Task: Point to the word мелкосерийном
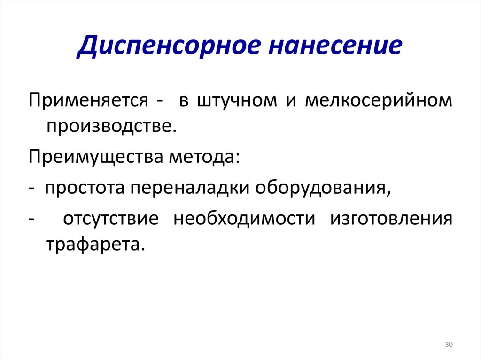(379, 102)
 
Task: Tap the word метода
(204, 156)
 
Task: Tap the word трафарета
(93, 245)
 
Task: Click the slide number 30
(448, 345)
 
